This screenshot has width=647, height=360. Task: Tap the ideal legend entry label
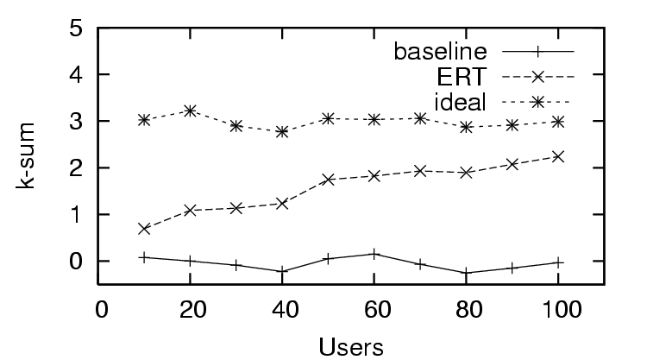[x=462, y=102]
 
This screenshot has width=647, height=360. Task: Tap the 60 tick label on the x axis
[x=373, y=308]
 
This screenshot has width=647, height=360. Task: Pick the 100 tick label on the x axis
[x=557, y=308]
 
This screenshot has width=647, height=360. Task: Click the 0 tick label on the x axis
[x=100, y=308]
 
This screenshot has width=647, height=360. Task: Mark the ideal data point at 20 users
[x=190, y=111]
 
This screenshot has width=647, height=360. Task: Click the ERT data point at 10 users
[x=144, y=229]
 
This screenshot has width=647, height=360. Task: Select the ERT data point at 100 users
[x=558, y=156]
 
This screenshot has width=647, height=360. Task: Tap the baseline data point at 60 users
[x=374, y=254]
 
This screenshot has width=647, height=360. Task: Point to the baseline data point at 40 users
[x=282, y=271]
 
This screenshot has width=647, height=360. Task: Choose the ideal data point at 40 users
[x=282, y=132]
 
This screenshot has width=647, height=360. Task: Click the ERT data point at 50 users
[x=328, y=180]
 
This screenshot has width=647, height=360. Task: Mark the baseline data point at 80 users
[x=466, y=273]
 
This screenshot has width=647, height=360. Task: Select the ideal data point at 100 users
[x=558, y=122]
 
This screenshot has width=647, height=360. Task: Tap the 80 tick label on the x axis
[x=465, y=308]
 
